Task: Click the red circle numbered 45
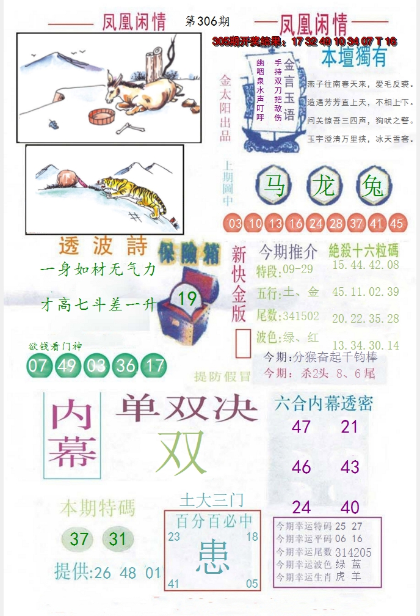[396, 224]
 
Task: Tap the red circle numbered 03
[235, 224]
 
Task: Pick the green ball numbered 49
[65, 365]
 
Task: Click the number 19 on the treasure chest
[187, 298]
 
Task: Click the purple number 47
[301, 426]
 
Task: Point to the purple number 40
[350, 507]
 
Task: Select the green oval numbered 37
[79, 539]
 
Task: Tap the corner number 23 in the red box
[175, 537]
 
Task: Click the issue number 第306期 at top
[208, 21]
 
